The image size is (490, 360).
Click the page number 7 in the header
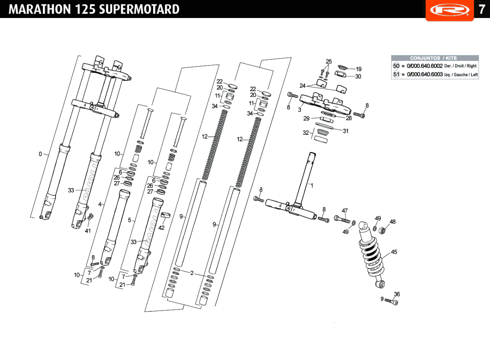coord(482,9)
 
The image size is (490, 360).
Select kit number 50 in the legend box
coord(396,66)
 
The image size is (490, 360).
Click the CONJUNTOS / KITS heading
coord(434,58)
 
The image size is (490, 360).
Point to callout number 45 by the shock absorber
coord(394,252)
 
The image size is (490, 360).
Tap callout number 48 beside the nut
coord(392,222)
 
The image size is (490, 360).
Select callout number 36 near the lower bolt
coord(397,294)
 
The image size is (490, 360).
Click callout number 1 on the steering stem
coord(312,185)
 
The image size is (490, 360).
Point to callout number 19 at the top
coord(359,69)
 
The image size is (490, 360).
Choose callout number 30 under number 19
coord(358,76)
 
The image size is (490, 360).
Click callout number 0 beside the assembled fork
coord(40,154)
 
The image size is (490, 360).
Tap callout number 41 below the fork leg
coord(88,231)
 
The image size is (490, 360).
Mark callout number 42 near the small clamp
coord(161,228)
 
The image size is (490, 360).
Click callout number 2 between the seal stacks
coord(192,273)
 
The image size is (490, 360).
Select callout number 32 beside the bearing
coord(306,133)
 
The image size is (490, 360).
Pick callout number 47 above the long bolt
coord(345,211)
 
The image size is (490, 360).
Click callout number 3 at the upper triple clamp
coord(300,110)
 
